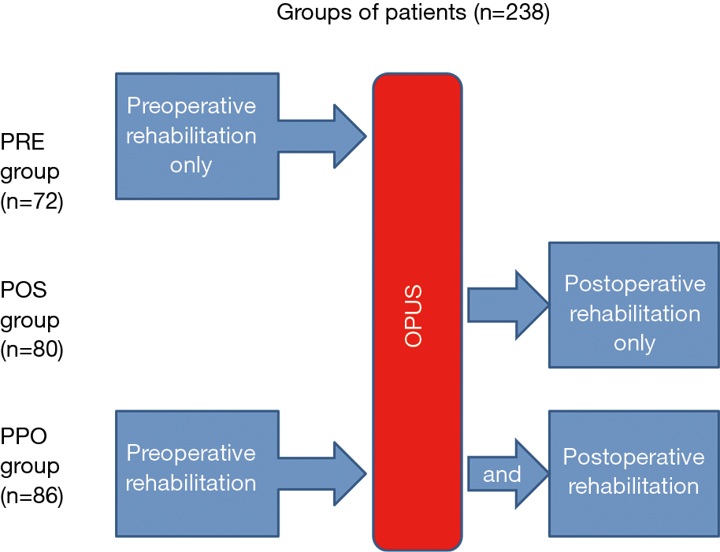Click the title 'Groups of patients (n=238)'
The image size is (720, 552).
[x=413, y=13]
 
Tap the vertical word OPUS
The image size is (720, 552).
[x=414, y=316]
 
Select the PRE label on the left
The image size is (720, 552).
[x=22, y=142]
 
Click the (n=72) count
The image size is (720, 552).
[x=32, y=202]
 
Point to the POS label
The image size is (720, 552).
[x=24, y=290]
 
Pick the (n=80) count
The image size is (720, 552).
[x=32, y=350]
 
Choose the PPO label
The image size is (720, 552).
[x=24, y=436]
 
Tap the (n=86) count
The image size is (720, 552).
[x=32, y=496]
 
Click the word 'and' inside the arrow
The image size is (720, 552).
[x=502, y=475]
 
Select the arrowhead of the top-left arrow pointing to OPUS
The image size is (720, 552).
[x=350, y=136]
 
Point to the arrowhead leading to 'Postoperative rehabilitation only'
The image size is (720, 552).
[x=533, y=305]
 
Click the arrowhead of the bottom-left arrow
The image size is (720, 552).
[x=350, y=473]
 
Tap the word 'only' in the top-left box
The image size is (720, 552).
[x=191, y=165]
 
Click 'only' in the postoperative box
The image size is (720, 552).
[x=635, y=343]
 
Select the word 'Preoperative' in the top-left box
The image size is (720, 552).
[x=191, y=106]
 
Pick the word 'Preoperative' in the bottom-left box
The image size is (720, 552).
[x=191, y=454]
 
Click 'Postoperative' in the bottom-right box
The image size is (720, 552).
[x=633, y=458]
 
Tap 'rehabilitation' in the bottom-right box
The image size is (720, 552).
[x=633, y=487]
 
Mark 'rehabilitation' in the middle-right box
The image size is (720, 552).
[x=635, y=314]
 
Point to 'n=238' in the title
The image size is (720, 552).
[x=511, y=13]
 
